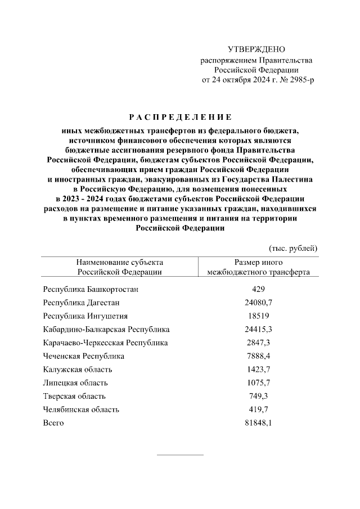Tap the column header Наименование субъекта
(120, 262)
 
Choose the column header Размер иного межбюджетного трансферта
(258, 267)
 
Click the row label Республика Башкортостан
(91, 289)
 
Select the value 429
(259, 289)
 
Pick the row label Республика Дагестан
(81, 303)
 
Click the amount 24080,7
(259, 303)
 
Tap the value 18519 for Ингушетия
(259, 316)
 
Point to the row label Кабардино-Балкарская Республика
(106, 330)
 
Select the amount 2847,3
(259, 343)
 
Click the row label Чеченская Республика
(84, 356)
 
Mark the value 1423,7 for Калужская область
(259, 370)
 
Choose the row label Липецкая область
(75, 383)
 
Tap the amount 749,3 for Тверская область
(259, 396)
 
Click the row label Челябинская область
(81, 409)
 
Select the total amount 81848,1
(259, 423)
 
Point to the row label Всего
(53, 423)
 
